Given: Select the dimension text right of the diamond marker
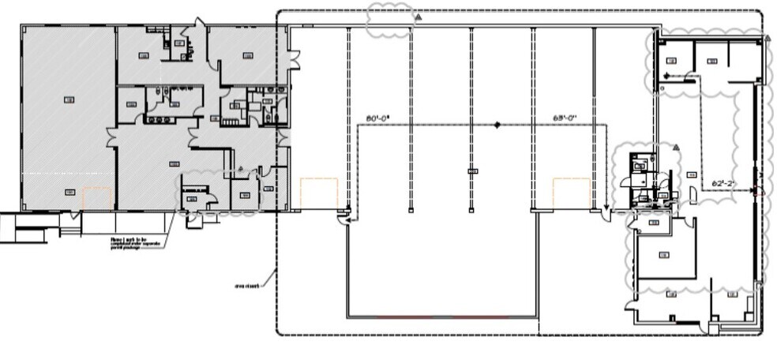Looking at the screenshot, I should pyautogui.click(x=565, y=118).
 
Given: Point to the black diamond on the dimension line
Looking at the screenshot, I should pyautogui.click(x=497, y=125).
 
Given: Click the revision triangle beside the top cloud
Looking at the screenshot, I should pyautogui.click(x=420, y=16).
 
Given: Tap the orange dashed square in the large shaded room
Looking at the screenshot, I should pyautogui.click(x=96, y=197).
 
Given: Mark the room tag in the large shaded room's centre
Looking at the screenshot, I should pyautogui.click(x=68, y=99).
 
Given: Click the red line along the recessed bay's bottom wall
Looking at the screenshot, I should pyautogui.click(x=442, y=317).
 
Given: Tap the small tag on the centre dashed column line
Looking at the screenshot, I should pyautogui.click(x=472, y=171).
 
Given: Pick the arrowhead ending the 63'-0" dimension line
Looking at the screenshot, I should pyautogui.click(x=606, y=211).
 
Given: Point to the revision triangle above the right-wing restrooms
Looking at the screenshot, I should pyautogui.click(x=675, y=147).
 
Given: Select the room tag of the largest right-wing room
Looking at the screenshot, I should pyautogui.click(x=663, y=254).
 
